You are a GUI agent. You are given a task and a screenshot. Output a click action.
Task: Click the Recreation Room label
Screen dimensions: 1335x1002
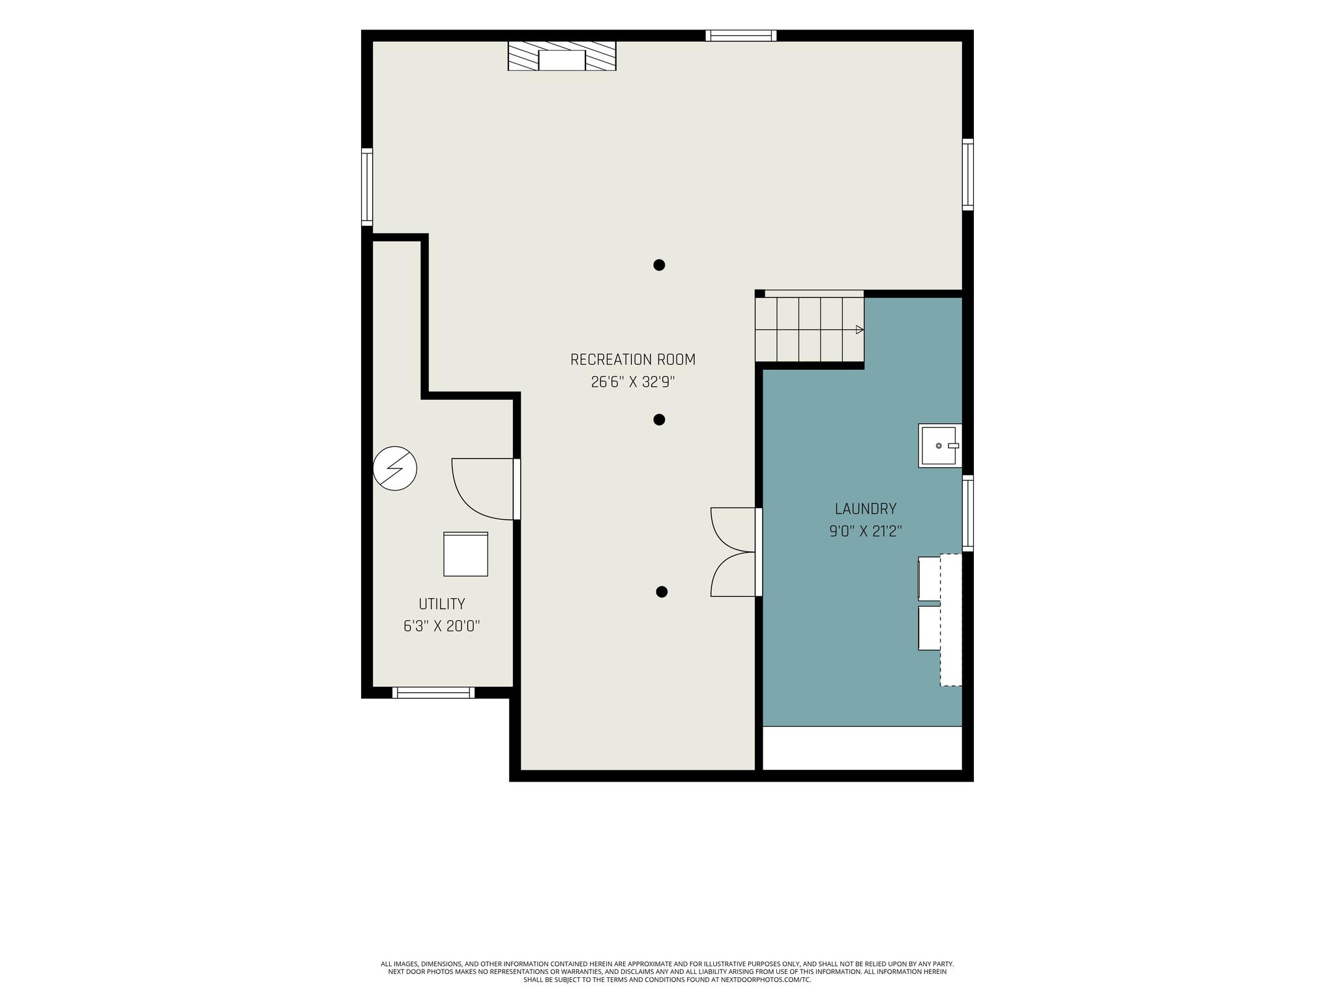pos(633,359)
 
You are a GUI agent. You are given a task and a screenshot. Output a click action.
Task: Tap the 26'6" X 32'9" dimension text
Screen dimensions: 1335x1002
pos(632,382)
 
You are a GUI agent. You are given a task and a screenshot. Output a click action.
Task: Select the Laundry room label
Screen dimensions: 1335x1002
pos(866,509)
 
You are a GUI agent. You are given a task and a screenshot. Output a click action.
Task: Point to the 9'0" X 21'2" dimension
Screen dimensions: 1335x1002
pos(866,532)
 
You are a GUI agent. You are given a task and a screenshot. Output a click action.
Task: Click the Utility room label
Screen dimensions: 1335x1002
pos(442,604)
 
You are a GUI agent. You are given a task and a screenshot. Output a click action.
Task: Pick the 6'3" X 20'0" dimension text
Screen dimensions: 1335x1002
pos(442,627)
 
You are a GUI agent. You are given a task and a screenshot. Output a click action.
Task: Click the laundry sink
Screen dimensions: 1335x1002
pos(940,446)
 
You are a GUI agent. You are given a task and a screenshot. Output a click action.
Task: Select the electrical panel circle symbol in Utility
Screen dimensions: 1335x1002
pos(395,468)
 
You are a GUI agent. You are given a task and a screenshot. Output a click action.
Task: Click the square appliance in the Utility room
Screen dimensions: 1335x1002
pos(465,554)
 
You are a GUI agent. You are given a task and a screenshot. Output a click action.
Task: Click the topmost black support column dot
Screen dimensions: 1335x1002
pos(659,265)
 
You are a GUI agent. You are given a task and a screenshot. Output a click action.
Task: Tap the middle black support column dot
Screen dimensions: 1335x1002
pos(659,419)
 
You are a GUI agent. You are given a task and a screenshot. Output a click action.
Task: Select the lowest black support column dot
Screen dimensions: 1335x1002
pos(662,592)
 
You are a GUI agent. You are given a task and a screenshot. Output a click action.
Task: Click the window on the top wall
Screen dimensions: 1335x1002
pos(741,36)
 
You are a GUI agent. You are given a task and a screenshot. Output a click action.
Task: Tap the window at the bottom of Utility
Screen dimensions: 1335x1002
pos(433,693)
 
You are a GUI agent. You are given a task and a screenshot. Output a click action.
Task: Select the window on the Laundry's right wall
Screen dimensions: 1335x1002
pos(968,513)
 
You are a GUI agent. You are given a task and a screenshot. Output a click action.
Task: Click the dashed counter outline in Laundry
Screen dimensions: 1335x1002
pos(951,620)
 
